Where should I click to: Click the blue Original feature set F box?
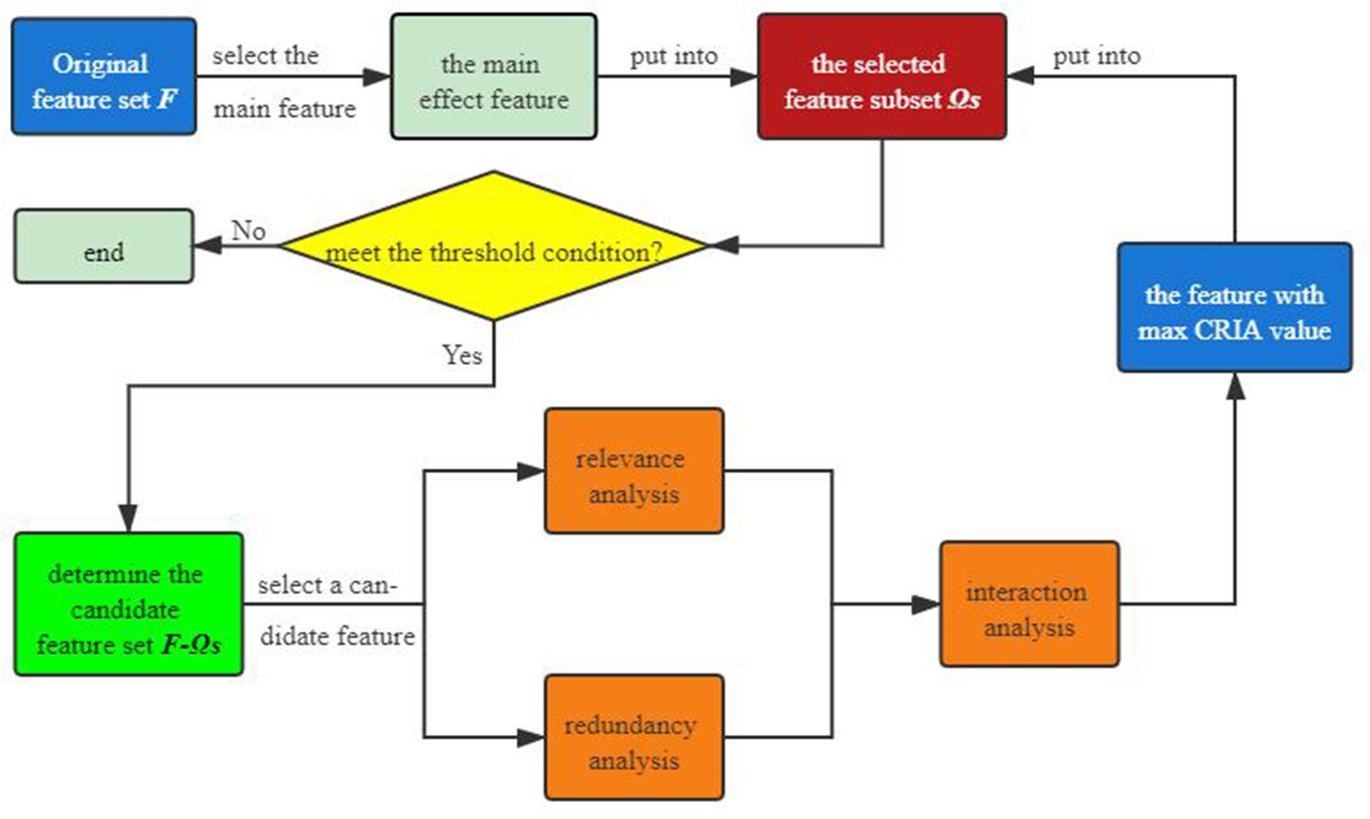pyautogui.click(x=104, y=77)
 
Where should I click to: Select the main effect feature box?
pyautogui.click(x=493, y=77)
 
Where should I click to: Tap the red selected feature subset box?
pyautogui.click(x=881, y=77)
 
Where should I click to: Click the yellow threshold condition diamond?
pyautogui.click(x=493, y=246)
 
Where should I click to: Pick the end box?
pyautogui.click(x=104, y=247)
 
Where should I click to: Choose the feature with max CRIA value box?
pyautogui.click(x=1234, y=308)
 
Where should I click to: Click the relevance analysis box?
pyautogui.click(x=634, y=471)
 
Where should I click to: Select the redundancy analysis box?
pyautogui.click(x=634, y=737)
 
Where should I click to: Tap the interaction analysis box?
pyautogui.click(x=1028, y=604)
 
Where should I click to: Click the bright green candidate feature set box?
pyautogui.click(x=128, y=604)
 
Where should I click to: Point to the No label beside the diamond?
pyautogui.click(x=248, y=230)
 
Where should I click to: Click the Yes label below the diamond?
pyautogui.click(x=462, y=355)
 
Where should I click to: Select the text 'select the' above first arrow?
pyautogui.click(x=265, y=56)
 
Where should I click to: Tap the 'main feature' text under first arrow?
pyautogui.click(x=285, y=109)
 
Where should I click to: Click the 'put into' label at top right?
pyautogui.click(x=1096, y=56)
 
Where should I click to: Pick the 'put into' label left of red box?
pyautogui.click(x=673, y=56)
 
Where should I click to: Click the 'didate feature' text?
pyautogui.click(x=337, y=636)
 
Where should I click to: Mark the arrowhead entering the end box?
pyautogui.click(x=206, y=246)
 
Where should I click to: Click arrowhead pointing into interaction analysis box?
pyautogui.click(x=926, y=604)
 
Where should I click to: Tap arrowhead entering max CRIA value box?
pyautogui.click(x=1235, y=387)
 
